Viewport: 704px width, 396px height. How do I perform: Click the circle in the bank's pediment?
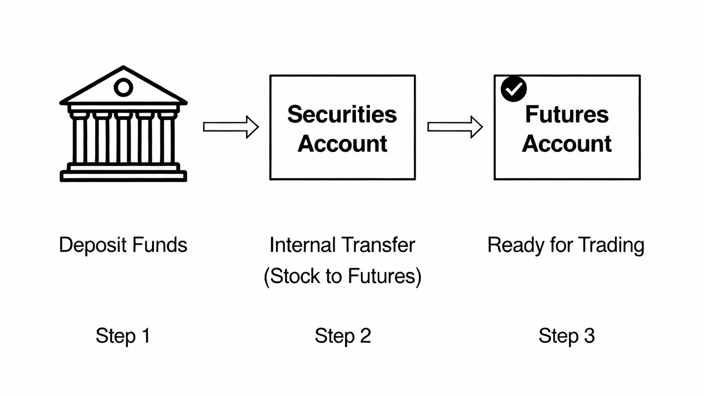click(123, 87)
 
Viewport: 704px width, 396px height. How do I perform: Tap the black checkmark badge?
click(513, 89)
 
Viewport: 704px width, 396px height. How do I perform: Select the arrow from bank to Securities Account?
click(231, 127)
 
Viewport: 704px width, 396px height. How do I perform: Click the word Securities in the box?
click(342, 115)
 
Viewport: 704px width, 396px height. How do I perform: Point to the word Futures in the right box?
click(567, 115)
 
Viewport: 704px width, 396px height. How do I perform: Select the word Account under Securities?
click(342, 144)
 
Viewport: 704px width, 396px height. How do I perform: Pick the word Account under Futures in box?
click(567, 144)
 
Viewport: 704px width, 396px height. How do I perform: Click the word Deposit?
click(93, 246)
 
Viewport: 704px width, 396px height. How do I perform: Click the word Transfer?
click(378, 245)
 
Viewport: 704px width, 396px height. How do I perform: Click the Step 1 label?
click(123, 336)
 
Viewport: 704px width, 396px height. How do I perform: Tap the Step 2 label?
click(343, 336)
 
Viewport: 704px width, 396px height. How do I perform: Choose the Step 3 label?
click(567, 336)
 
